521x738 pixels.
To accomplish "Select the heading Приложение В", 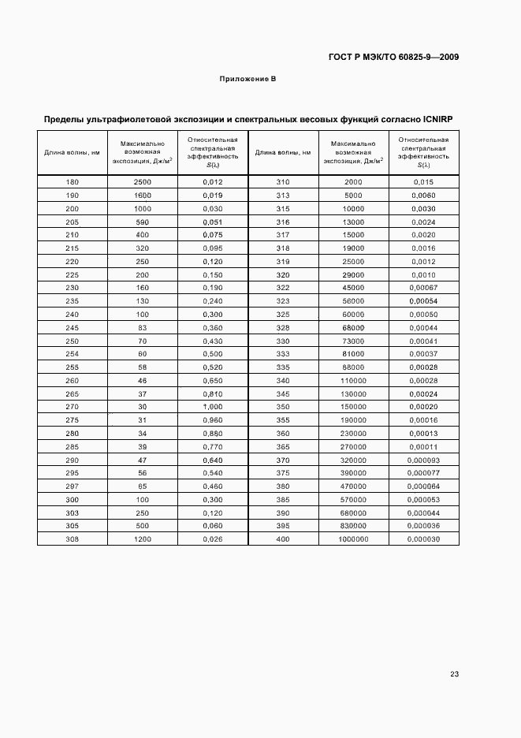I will pyautogui.click(x=247, y=80).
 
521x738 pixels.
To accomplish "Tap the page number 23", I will pyautogui.click(x=454, y=673).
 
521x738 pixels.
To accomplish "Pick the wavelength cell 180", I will pyautogui.click(x=72, y=182).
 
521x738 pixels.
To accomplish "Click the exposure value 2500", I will pyautogui.click(x=142, y=182).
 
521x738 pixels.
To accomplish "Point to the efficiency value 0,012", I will pyautogui.click(x=213, y=182).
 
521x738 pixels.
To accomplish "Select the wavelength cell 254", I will pyautogui.click(x=72, y=354).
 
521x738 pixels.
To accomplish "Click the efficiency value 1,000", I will pyautogui.click(x=213, y=406).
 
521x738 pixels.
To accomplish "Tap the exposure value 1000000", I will pyautogui.click(x=353, y=539).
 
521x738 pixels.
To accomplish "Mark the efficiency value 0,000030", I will pyautogui.click(x=424, y=539).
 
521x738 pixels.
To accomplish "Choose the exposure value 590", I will pyautogui.click(x=142, y=222).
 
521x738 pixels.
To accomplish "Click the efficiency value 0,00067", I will pyautogui.click(x=424, y=288).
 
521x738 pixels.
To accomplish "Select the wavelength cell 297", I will pyautogui.click(x=72, y=486).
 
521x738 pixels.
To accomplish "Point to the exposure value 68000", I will pyautogui.click(x=353, y=327).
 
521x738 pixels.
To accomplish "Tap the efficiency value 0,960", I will pyautogui.click(x=213, y=419).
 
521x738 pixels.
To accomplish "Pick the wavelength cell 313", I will pyautogui.click(x=283, y=195).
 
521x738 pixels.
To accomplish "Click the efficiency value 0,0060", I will pyautogui.click(x=424, y=195).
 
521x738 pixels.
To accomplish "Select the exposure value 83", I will pyautogui.click(x=142, y=327).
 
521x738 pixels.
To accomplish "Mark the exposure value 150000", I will pyautogui.click(x=353, y=406).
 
